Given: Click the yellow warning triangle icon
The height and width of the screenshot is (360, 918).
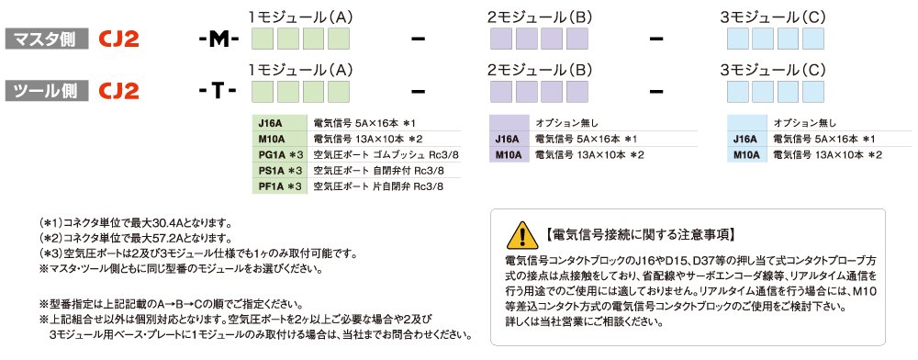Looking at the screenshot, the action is coord(521,235).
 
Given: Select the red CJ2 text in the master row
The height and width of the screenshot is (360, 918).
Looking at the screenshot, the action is coord(118,39).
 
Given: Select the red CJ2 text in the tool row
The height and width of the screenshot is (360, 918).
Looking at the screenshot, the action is coord(118,91).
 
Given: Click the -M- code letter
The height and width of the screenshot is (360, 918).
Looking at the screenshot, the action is coord(218,39).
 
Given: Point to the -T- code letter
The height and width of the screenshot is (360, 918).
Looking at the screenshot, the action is coord(218,91).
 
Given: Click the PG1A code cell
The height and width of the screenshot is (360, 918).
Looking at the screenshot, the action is coord(280,155).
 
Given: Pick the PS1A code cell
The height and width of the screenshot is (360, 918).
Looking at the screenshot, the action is coord(280,171).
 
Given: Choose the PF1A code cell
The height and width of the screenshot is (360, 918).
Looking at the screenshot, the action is coord(280,186).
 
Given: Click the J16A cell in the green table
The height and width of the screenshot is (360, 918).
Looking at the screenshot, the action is coord(280,123).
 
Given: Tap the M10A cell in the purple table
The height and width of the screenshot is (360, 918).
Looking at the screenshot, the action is coord(509,154).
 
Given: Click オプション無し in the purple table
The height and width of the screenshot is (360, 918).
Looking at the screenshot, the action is coord(563,123).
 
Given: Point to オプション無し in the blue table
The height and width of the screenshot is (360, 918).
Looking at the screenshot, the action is coord(800,123).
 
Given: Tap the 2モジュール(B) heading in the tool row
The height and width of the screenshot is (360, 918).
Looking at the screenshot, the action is coord(539,70).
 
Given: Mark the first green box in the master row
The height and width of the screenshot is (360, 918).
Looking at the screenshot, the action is coord(263,39).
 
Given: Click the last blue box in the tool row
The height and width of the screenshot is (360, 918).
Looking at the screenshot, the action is coord(813,92).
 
